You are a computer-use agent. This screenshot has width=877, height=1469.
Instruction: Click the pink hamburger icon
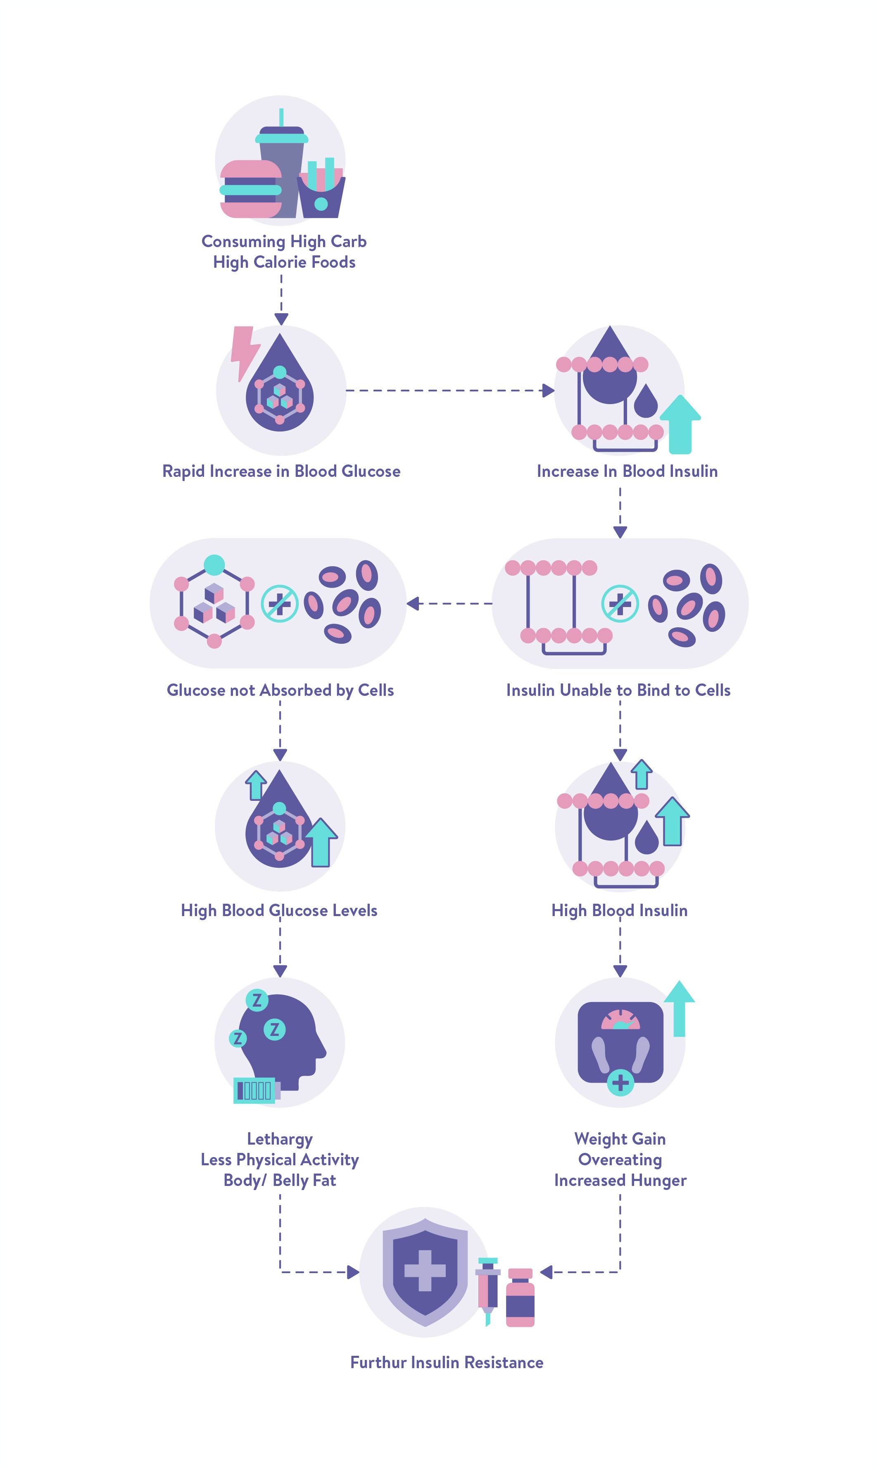coord(251,189)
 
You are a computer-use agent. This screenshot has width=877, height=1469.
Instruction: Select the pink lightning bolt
coord(244,352)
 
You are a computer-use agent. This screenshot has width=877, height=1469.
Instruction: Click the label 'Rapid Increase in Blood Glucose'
coord(281,471)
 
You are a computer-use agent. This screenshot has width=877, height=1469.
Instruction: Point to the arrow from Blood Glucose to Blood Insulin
coord(449,390)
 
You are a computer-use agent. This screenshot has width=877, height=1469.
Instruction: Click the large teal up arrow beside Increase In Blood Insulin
coord(680,424)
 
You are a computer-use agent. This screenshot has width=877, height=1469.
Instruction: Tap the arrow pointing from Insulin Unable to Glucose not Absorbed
coord(449,604)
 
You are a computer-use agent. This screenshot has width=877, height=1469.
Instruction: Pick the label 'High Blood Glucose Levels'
coord(279,910)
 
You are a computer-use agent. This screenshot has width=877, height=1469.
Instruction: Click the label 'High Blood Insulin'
coord(619,910)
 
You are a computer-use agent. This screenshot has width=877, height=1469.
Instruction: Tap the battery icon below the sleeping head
coord(255,1090)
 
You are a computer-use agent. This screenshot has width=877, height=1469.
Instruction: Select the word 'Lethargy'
coord(280,1138)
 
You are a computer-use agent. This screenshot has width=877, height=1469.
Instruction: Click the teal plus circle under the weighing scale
coord(620,1083)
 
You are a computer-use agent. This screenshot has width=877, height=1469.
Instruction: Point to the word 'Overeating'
coord(620,1159)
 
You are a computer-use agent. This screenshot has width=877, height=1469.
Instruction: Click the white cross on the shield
coord(425,1270)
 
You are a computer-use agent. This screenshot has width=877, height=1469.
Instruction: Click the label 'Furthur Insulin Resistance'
coord(447,1362)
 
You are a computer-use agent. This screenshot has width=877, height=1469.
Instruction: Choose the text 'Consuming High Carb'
coord(284,241)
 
